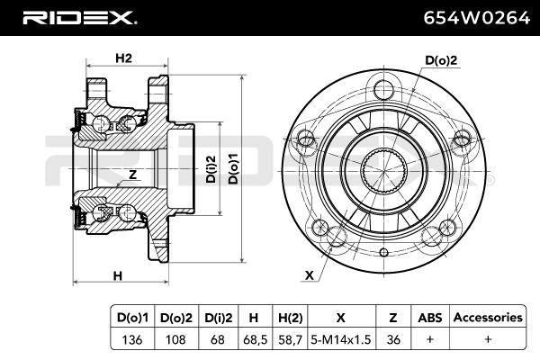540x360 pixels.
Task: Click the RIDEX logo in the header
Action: click(79, 17)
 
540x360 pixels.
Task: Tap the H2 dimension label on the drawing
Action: click(124, 58)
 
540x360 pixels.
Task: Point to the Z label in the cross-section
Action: click(132, 175)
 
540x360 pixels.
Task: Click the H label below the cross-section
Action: click(118, 274)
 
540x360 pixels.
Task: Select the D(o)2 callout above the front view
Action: click(441, 60)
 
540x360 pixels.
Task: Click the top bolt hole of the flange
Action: click(384, 89)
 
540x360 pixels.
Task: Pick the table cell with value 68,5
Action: click(254, 339)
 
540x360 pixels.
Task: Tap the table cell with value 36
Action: click(392, 339)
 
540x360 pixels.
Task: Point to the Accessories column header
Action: click(487, 318)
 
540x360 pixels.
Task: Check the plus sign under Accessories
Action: click(487, 339)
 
